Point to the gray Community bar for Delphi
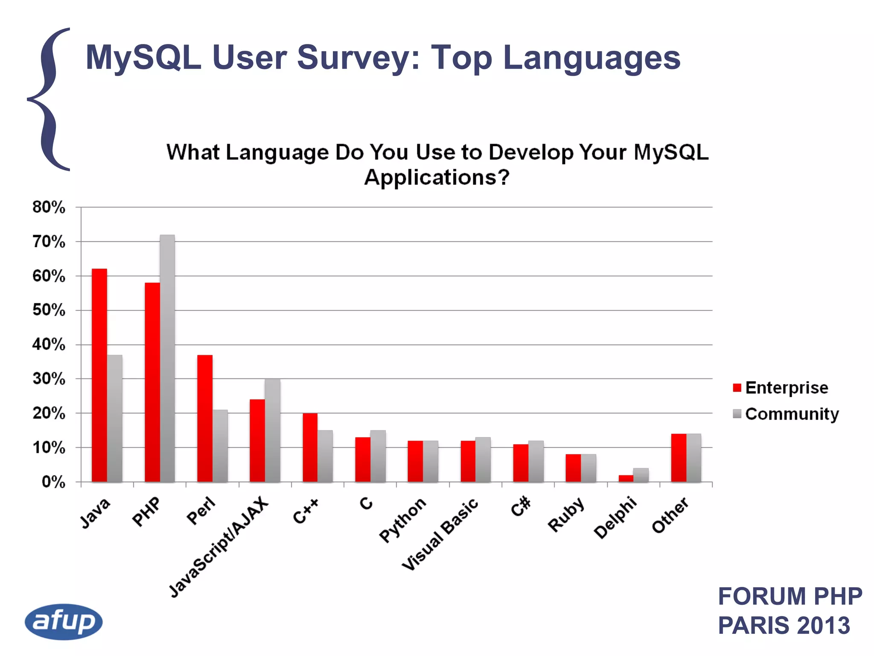point(641,475)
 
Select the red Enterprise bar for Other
point(679,457)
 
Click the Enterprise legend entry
point(781,388)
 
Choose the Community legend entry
point(786,414)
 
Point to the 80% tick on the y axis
point(49,208)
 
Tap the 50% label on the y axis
point(49,310)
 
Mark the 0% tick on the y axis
point(53,482)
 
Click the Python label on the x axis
point(403,519)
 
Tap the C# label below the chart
point(521,507)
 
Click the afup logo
point(64,621)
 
